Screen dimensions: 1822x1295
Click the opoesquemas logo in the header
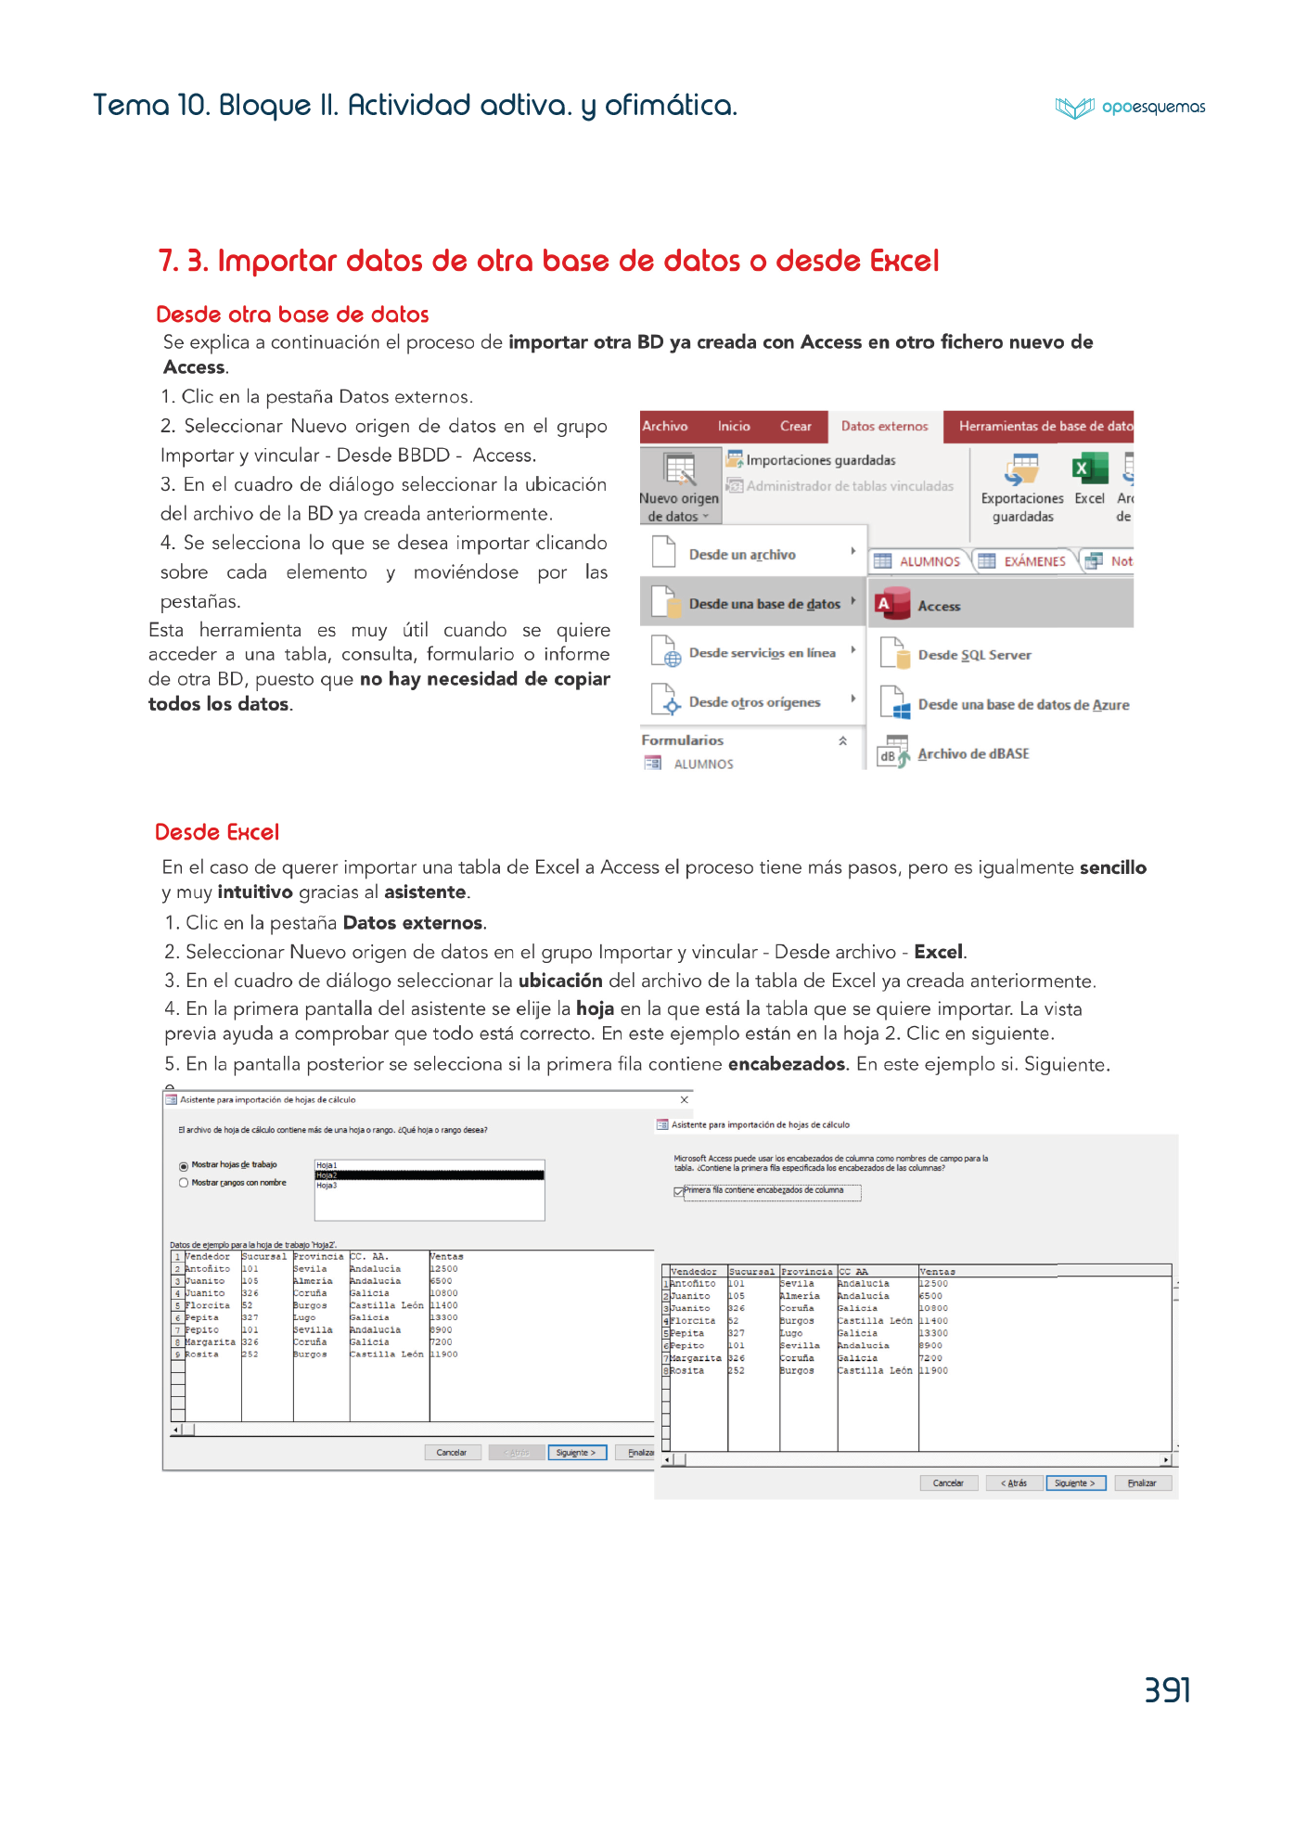[x=1130, y=108]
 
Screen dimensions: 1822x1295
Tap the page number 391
[x=1167, y=1690]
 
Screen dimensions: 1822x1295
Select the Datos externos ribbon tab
[x=884, y=427]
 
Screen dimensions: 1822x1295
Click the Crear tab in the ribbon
[x=795, y=427]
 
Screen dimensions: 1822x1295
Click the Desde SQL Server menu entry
[x=974, y=655]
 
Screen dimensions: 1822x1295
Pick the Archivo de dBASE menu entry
[x=973, y=754]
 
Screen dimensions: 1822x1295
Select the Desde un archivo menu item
[x=742, y=555]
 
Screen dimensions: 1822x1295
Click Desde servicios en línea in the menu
[x=762, y=653]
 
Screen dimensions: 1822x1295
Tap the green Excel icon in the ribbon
[x=1090, y=469]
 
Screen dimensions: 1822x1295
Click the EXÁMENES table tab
[x=1033, y=561]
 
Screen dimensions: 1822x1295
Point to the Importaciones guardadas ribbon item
[x=820, y=460]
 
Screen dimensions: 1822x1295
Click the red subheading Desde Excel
[x=217, y=832]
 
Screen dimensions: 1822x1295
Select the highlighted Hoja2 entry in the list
[x=429, y=1175]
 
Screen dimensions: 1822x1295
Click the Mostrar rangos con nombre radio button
[x=184, y=1183]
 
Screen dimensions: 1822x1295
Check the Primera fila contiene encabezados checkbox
[x=679, y=1191]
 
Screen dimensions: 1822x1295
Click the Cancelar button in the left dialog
[x=452, y=1453]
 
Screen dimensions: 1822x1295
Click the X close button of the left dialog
[x=685, y=1100]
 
